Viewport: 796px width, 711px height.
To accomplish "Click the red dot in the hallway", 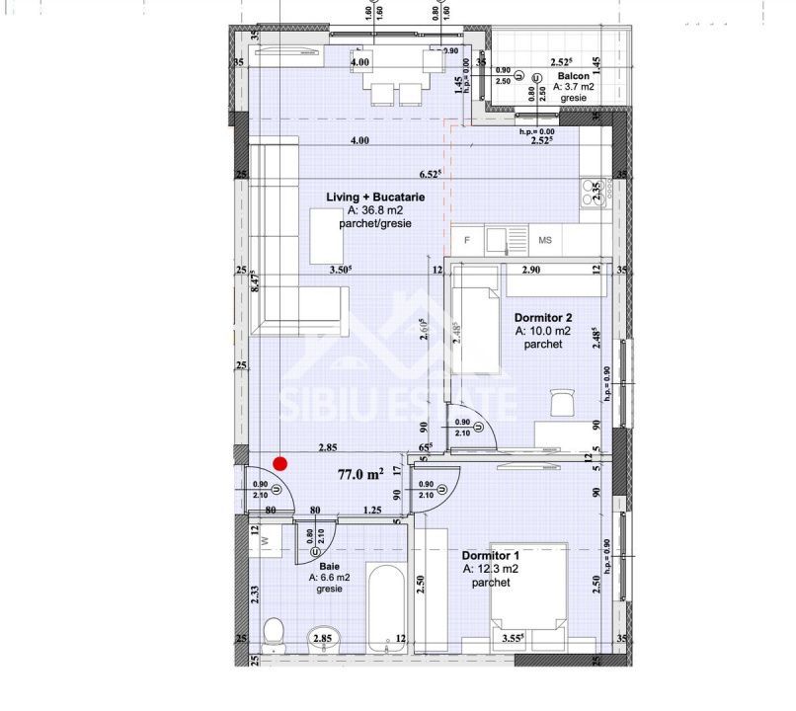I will click(280, 462).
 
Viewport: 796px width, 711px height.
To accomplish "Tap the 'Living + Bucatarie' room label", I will click(375, 197).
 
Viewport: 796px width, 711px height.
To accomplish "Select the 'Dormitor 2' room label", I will click(543, 318).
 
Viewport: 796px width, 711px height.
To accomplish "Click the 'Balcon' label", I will click(574, 76).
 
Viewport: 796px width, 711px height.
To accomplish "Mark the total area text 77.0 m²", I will click(360, 474).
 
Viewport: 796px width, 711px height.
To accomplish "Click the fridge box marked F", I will click(467, 240).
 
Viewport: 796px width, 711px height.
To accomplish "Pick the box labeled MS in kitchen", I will click(545, 240).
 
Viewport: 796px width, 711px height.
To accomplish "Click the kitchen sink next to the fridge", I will click(505, 239).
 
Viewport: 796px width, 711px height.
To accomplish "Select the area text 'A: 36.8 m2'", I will click(375, 211).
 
